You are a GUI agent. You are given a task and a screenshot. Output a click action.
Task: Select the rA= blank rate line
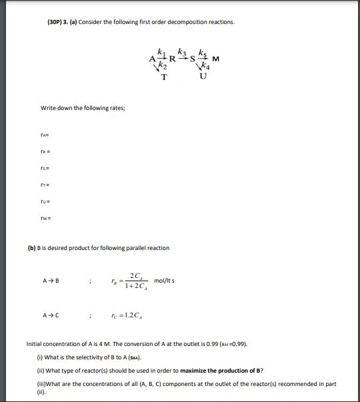[46, 135]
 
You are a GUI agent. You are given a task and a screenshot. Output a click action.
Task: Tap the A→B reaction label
[51, 279]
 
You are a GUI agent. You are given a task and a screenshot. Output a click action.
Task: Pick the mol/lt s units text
[165, 279]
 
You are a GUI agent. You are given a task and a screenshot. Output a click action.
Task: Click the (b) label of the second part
[31, 248]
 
